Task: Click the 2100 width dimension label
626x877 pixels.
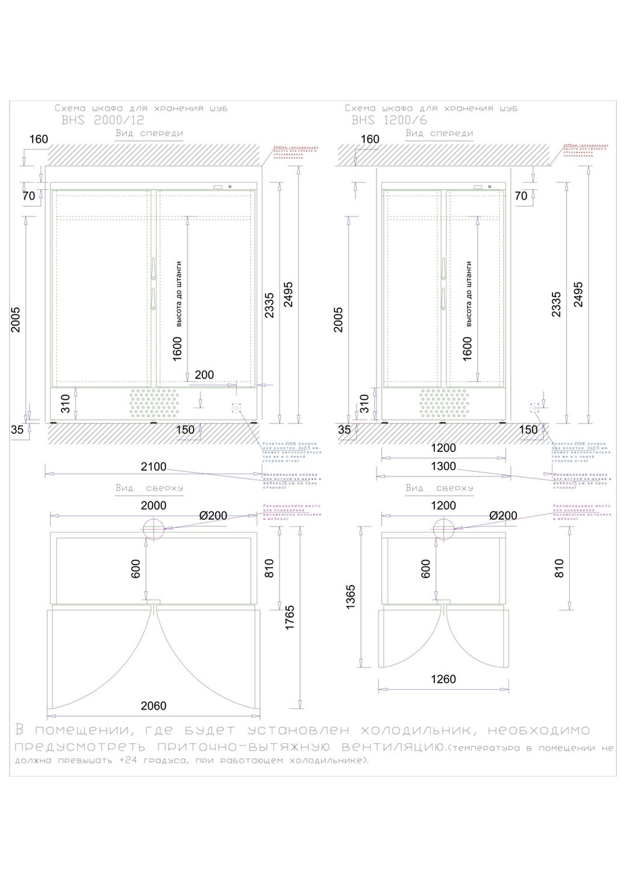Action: click(154, 467)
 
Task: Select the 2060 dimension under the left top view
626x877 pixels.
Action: click(154, 706)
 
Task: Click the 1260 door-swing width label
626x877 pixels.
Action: click(443, 680)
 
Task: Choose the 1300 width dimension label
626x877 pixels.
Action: click(443, 466)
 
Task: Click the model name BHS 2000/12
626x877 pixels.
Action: click(103, 120)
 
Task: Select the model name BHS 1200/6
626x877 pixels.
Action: click(389, 120)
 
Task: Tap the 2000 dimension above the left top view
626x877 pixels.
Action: click(154, 506)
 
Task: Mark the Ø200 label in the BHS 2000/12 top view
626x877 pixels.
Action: click(213, 516)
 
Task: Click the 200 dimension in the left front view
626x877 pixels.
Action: click(204, 375)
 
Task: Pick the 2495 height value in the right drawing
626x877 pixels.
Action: click(578, 294)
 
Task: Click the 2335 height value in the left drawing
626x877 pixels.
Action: click(269, 305)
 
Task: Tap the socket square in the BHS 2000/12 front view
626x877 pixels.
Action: click(236, 408)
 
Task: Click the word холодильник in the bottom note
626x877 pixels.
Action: click(416, 731)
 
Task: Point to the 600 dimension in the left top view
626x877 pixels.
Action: click(136, 569)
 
